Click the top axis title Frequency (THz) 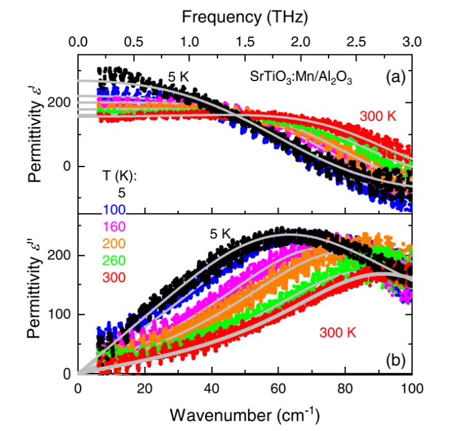(244, 17)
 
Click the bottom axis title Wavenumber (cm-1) (244, 414)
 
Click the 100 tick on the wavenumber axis (411, 387)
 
